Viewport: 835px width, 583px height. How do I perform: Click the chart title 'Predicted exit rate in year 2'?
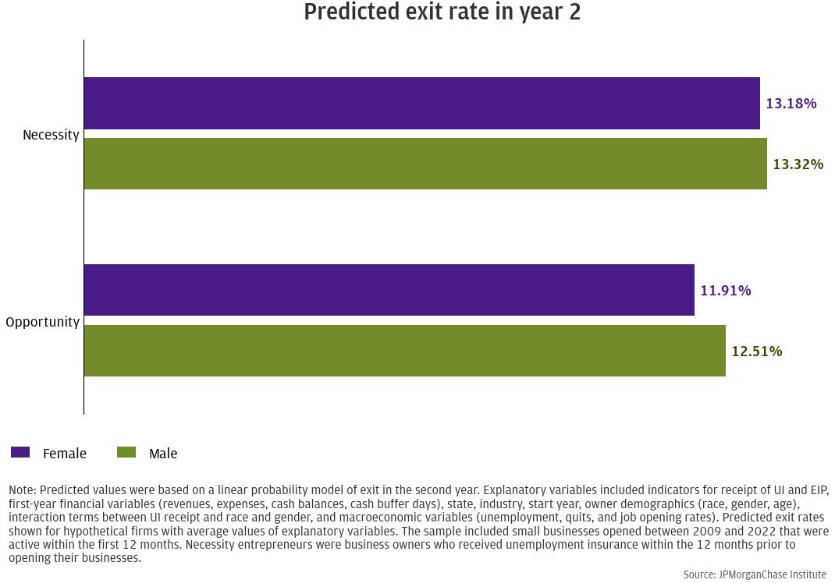(x=442, y=12)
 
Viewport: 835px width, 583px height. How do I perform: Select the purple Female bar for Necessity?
(x=421, y=103)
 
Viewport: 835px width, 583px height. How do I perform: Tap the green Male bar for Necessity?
(x=425, y=164)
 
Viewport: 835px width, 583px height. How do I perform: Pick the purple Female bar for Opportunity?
(x=389, y=290)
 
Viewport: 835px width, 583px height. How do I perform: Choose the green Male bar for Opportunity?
(x=405, y=351)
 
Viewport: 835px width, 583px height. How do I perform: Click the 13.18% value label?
(x=791, y=103)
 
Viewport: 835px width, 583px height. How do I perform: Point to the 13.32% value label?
(x=798, y=164)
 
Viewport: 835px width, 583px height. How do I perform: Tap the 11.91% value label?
(x=725, y=291)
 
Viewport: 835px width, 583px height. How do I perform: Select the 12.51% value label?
(x=757, y=351)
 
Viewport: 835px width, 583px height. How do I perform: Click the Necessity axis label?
(x=52, y=135)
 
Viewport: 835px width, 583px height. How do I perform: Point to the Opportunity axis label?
(x=43, y=323)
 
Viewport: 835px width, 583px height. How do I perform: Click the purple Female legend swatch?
(x=20, y=452)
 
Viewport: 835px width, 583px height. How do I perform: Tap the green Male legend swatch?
(x=126, y=452)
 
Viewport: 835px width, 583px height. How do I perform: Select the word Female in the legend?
(x=65, y=453)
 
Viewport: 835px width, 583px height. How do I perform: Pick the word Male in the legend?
(x=163, y=453)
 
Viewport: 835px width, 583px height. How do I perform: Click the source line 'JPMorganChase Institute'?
(x=772, y=574)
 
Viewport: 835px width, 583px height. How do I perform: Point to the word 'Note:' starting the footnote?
(x=23, y=490)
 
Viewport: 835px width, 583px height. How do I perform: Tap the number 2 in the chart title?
(x=574, y=12)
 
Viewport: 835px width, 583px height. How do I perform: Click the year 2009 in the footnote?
(x=707, y=531)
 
